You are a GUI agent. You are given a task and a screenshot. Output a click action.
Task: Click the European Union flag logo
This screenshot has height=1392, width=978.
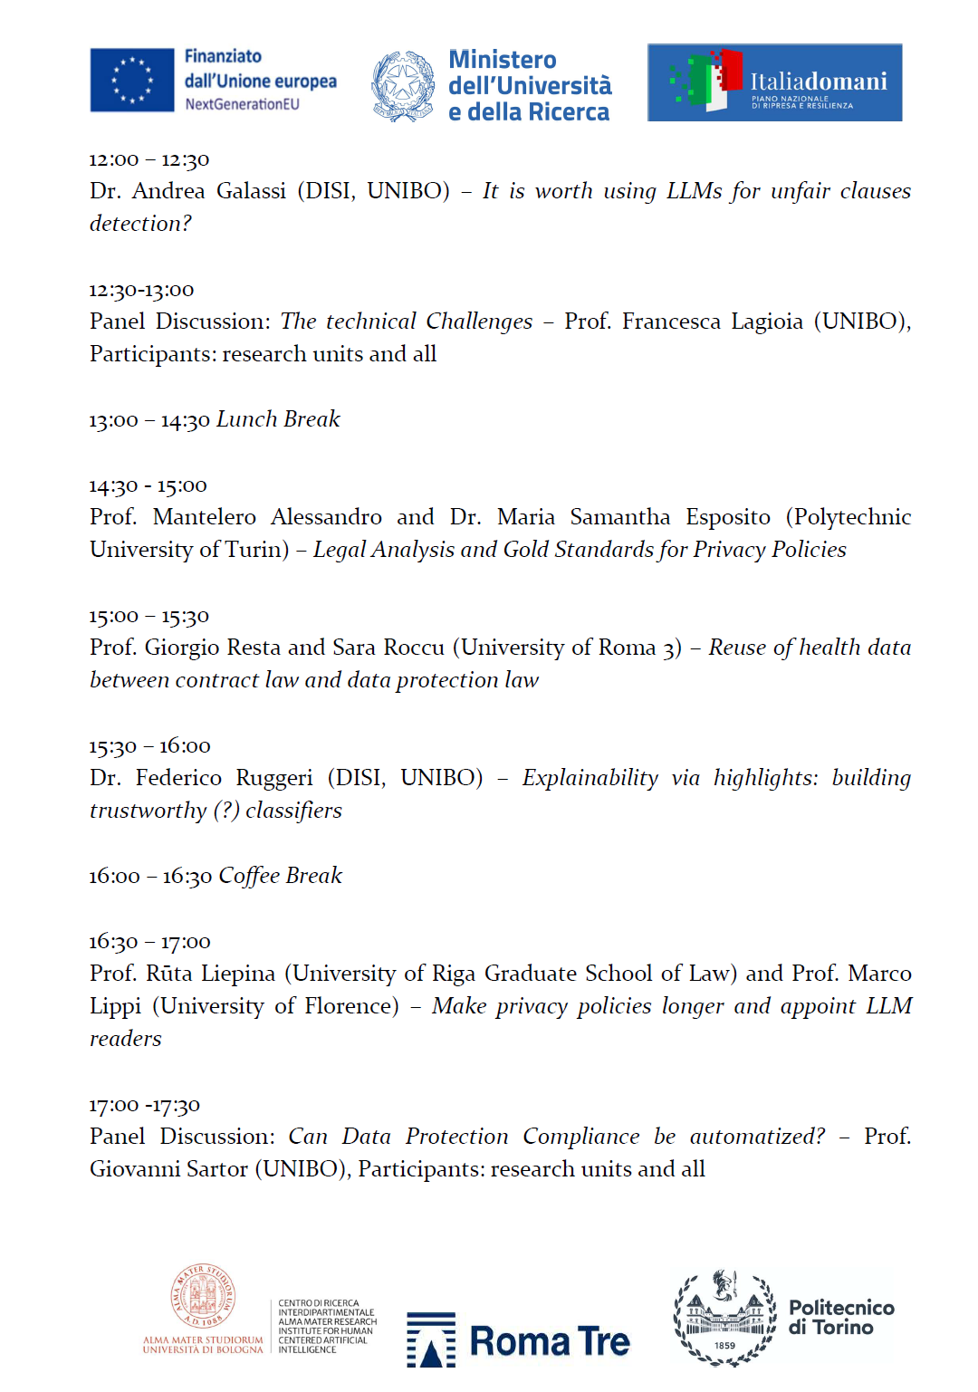(132, 80)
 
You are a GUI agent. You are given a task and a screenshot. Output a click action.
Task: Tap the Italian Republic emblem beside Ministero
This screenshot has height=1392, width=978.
(403, 86)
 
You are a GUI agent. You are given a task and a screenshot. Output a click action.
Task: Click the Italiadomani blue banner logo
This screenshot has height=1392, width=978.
(774, 82)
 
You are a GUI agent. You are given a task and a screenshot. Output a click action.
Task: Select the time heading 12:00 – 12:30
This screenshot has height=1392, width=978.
(149, 159)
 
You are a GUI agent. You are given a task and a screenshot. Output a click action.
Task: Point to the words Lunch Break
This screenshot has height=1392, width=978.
(278, 419)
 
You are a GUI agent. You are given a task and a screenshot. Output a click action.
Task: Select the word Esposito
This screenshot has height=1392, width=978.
(727, 517)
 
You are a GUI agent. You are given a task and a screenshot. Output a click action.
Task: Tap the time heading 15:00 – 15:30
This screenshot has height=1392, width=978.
(149, 616)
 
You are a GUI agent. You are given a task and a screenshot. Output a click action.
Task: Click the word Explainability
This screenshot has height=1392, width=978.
(590, 778)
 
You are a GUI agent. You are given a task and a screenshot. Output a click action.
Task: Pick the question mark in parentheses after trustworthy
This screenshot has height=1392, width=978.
(226, 811)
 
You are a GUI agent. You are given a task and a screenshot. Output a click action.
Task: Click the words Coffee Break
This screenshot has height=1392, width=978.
(280, 876)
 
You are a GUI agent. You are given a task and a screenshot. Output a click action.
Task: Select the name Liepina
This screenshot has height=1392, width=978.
(237, 974)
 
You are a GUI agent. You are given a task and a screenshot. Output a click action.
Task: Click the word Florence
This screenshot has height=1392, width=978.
(350, 1006)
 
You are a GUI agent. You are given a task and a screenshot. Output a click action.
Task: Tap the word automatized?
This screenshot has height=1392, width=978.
(757, 1137)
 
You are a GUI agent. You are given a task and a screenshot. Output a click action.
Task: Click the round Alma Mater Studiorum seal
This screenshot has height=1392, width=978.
(204, 1296)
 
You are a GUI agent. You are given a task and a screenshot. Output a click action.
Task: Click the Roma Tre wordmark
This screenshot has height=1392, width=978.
(549, 1341)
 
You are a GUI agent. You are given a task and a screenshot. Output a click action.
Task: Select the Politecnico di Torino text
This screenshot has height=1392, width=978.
(840, 1318)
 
